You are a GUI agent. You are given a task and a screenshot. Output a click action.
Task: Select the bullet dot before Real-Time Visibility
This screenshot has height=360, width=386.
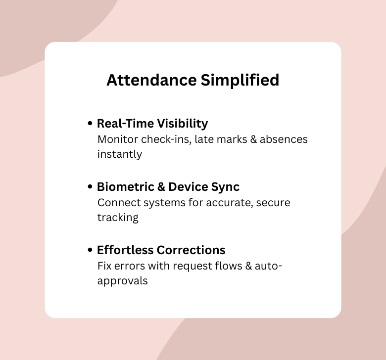coord(90,123)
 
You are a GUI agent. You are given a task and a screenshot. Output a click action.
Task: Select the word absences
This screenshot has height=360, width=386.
coord(284,139)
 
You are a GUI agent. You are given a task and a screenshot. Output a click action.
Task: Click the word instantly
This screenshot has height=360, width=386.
coord(120,154)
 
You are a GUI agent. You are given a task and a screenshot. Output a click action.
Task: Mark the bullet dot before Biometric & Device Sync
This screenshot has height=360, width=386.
coord(90,187)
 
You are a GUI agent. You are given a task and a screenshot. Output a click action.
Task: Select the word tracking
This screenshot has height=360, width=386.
coord(118,218)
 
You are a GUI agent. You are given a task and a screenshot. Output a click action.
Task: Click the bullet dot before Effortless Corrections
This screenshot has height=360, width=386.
coord(90,250)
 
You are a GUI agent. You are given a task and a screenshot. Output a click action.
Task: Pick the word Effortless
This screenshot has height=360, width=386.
coord(125,250)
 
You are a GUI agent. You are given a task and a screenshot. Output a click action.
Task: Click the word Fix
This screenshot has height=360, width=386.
coord(104,266)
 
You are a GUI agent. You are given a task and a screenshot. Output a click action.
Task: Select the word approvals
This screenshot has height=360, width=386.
coord(122,281)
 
